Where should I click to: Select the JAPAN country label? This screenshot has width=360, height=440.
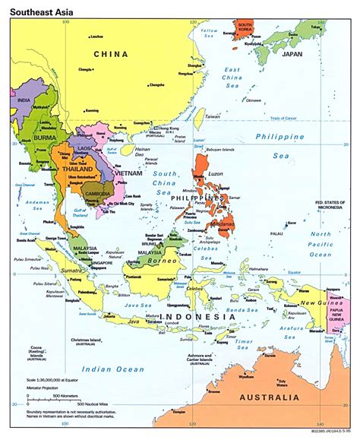click(x=292, y=54)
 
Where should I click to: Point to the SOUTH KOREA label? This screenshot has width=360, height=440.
click(x=245, y=28)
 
